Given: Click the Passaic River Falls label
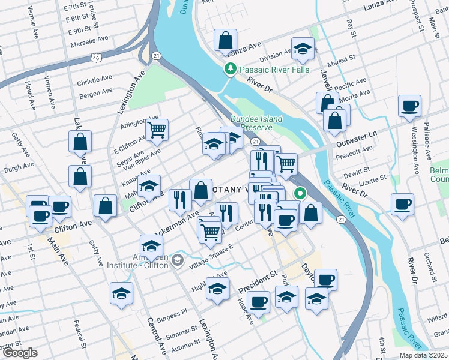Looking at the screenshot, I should coord(274,70).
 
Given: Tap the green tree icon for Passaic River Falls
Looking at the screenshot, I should coord(229,70).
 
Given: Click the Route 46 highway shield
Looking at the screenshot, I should coord(95,58).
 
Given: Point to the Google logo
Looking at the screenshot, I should coord(20,353).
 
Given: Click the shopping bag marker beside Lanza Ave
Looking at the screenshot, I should coord(224,41).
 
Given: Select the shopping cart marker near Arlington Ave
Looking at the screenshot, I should coord(157,128).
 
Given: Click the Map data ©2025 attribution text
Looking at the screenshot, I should coord(424,355).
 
